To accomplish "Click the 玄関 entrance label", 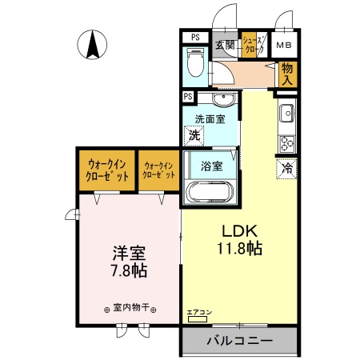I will (x=225, y=45).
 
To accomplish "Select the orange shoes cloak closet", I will (x=250, y=45).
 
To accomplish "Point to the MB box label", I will (x=285, y=45).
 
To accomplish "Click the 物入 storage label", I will (x=288, y=74).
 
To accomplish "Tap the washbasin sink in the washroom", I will (x=222, y=99).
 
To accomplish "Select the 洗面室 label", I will (x=210, y=119).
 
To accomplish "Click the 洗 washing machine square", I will (x=194, y=136).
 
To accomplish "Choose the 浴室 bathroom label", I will (x=212, y=167).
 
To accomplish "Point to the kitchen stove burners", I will (x=286, y=142).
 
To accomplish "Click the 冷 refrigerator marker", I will (x=286, y=168).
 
